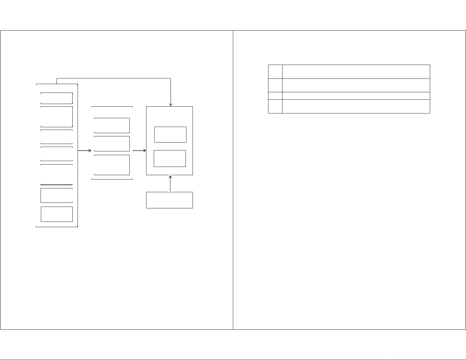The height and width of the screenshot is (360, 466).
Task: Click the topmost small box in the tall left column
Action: (56, 98)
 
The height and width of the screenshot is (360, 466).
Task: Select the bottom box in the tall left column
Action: (57, 214)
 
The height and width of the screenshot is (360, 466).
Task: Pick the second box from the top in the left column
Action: (56, 117)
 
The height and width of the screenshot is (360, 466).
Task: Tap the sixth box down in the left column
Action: (56, 195)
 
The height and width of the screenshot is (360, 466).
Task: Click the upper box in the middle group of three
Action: (112, 125)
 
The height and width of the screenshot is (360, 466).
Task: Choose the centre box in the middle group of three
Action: (112, 144)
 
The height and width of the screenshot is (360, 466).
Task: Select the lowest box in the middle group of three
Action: (112, 165)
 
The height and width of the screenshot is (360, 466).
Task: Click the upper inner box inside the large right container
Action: (170, 135)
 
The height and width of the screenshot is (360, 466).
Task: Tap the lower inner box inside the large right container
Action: (170, 158)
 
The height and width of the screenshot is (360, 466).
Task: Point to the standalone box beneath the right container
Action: (169, 200)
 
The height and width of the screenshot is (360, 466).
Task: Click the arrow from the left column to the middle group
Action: (84, 150)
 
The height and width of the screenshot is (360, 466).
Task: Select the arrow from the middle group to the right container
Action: (139, 150)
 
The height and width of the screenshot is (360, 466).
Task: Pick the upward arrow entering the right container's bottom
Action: (171, 183)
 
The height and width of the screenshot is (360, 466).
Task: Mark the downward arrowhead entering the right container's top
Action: (171, 104)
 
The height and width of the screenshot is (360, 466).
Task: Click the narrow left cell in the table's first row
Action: (275, 72)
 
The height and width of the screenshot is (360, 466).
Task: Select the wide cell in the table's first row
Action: (356, 72)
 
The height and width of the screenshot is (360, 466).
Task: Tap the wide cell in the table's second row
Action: (356, 85)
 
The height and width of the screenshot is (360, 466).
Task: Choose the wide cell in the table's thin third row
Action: (356, 96)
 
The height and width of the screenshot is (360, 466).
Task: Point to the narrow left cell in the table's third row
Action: (275, 96)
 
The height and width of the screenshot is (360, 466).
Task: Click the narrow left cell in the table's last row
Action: (275, 106)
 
